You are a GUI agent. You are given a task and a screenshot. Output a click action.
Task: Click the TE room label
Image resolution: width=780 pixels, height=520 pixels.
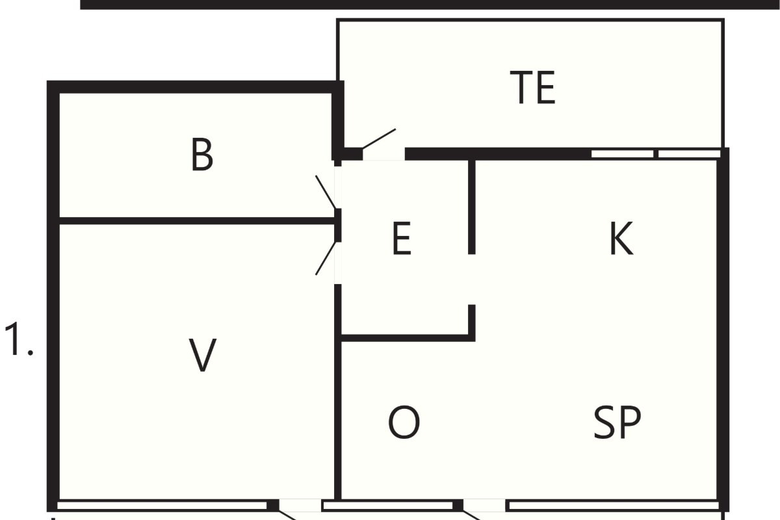point(532,87)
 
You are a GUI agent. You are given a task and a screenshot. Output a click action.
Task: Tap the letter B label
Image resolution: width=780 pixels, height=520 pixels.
point(202,155)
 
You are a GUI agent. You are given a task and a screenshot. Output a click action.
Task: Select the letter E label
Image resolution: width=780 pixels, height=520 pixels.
point(402,239)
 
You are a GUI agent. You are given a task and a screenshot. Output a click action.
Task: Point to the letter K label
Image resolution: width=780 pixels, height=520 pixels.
point(621,239)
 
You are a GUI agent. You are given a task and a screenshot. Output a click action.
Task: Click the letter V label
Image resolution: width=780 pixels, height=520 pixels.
point(202,356)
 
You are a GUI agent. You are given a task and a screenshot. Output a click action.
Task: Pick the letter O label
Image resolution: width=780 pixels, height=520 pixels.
point(404,422)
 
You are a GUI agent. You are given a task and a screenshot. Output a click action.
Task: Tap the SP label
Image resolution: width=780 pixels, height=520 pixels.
point(617,422)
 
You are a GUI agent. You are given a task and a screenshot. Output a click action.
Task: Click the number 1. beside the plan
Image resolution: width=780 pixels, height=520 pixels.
point(18,339)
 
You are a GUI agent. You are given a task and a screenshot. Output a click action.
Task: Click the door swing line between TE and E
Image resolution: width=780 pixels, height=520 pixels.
point(379,138)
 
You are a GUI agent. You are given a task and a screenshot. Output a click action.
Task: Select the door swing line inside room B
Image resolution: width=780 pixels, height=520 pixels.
point(326,192)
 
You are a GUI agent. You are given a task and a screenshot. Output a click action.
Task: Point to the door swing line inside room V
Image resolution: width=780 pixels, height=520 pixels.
point(326,258)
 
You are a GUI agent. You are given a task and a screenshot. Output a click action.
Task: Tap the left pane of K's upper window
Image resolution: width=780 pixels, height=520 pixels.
point(623,154)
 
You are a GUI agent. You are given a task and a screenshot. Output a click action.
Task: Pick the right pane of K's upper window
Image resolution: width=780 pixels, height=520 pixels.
point(690,154)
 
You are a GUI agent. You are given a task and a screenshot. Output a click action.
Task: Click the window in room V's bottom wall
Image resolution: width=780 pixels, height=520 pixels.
point(162,506)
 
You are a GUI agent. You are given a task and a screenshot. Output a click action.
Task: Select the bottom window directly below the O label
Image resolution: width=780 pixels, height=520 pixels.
point(387,506)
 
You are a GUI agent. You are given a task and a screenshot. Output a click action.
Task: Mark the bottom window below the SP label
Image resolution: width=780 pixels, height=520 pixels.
point(614,506)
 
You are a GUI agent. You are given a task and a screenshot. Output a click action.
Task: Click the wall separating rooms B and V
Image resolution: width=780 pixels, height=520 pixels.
point(197,221)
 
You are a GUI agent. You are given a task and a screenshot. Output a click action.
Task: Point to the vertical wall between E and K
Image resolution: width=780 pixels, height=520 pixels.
point(472,207)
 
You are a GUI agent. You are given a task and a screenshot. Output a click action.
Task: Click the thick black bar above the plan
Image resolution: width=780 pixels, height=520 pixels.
point(430,5)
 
